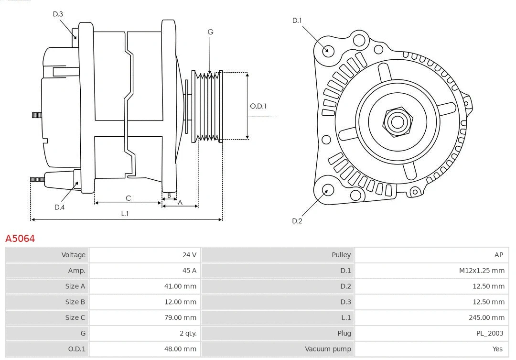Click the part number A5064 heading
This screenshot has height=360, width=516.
point(20,238)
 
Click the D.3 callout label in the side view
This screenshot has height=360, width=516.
point(58,14)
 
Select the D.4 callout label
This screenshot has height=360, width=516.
point(59,207)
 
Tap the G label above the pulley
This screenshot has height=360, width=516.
point(210,32)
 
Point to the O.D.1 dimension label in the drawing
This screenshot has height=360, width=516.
point(258,106)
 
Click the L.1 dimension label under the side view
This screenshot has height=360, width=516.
point(125,214)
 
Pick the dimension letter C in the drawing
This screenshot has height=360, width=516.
point(128,198)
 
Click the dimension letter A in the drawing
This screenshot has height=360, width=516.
point(180,202)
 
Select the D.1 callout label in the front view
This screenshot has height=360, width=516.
point(297,20)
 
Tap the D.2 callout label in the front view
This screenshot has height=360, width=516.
point(297,221)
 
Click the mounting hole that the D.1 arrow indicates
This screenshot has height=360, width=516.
point(328,50)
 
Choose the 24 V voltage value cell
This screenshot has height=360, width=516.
point(189,255)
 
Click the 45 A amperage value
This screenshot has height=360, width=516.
point(190,271)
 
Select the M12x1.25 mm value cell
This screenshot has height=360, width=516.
point(482,271)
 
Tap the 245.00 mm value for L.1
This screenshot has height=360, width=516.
point(486,317)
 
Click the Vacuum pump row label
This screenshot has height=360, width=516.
point(328,349)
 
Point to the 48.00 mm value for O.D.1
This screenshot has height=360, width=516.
point(180,349)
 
